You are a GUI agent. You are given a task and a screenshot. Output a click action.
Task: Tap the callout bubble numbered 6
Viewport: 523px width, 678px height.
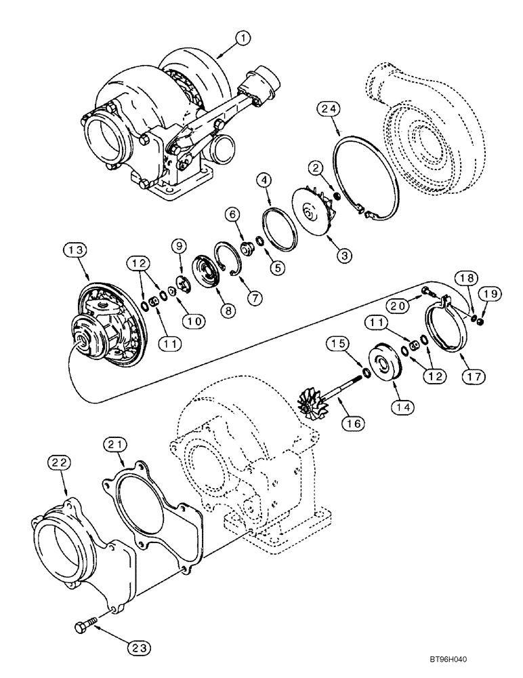pos(232,214)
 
